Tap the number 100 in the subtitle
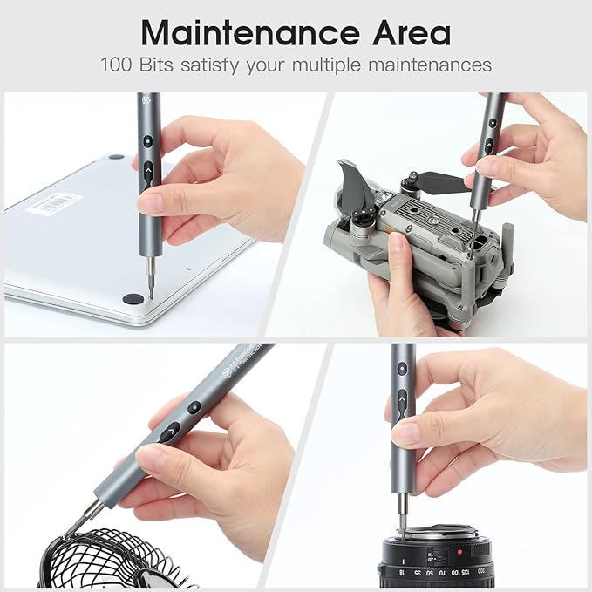[116, 65]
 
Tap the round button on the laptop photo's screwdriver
[148, 140]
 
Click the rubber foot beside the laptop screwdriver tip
[132, 298]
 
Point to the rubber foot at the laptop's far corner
[116, 158]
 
